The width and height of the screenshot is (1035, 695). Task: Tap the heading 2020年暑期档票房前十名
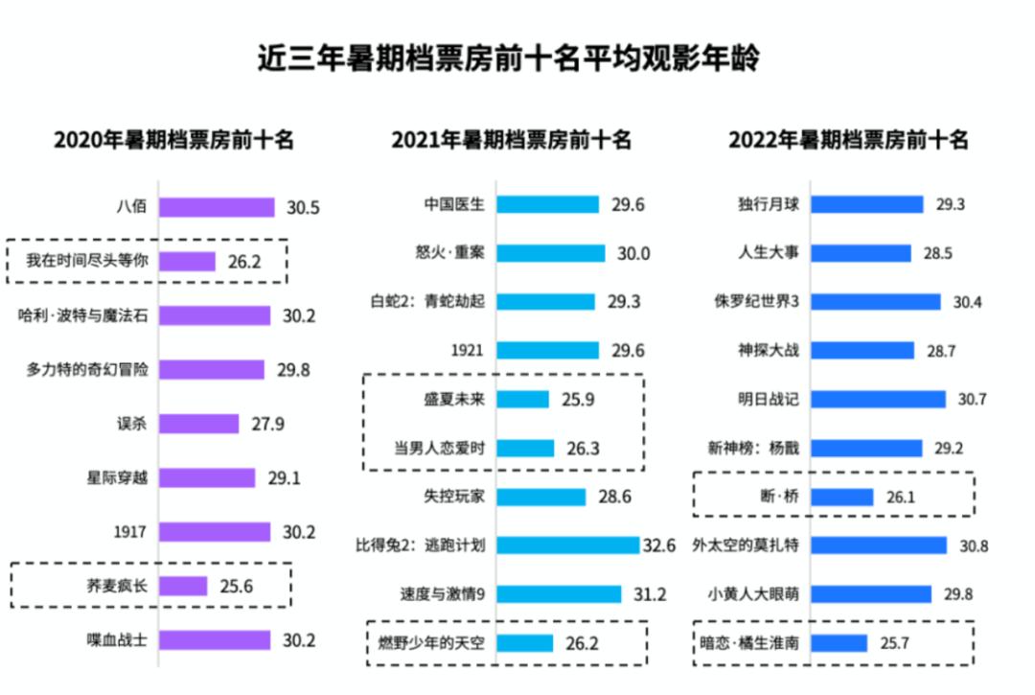(x=173, y=140)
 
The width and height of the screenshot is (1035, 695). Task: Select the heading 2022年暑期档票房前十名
(x=848, y=140)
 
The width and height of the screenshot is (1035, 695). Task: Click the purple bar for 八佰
(x=217, y=207)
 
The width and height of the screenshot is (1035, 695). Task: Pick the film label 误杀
(x=129, y=423)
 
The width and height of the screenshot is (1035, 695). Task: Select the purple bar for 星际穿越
(x=207, y=477)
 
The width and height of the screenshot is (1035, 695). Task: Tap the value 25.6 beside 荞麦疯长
(x=234, y=586)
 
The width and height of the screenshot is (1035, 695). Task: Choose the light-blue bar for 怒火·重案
(x=551, y=253)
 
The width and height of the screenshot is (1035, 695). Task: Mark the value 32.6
(x=658, y=545)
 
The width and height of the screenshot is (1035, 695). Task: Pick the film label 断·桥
(x=778, y=497)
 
